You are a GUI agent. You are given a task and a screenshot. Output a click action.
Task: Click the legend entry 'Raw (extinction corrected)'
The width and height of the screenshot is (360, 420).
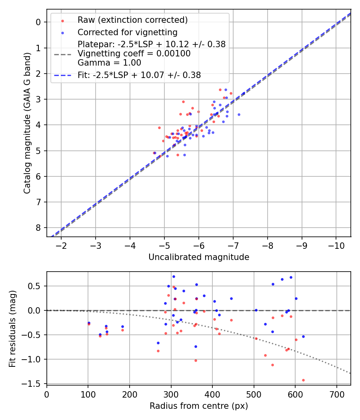[132, 20]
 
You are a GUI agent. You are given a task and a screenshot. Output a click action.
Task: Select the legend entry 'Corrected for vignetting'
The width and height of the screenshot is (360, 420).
[127, 32]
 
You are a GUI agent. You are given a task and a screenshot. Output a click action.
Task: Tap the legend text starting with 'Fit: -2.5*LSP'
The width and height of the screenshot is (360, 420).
[139, 75]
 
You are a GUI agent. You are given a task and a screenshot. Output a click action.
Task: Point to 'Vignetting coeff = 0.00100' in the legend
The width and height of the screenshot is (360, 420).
[134, 53]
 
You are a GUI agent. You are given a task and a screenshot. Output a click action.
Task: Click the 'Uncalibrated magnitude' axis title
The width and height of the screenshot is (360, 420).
[199, 257]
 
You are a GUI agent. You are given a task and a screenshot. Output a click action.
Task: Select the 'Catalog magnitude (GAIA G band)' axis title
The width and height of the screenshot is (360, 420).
[27, 122]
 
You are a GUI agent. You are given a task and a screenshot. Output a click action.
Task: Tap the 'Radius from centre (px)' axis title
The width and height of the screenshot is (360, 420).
[199, 406]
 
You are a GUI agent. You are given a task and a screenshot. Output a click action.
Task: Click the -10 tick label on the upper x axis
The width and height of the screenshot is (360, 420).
[336, 245]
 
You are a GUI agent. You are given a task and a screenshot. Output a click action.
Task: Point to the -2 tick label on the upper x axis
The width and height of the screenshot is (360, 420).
[61, 245]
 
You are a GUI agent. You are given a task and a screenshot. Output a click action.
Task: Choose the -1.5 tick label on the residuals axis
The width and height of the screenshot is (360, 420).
[34, 384]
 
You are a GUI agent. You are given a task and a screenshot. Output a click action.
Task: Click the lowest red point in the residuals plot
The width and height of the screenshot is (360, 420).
[303, 380]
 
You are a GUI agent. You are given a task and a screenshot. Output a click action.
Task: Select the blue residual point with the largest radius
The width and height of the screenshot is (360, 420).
[303, 336]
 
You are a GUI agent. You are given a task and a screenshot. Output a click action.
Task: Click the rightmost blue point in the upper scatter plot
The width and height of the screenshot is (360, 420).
[239, 114]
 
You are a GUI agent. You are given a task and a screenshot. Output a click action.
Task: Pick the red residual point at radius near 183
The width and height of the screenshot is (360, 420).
[122, 330]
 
